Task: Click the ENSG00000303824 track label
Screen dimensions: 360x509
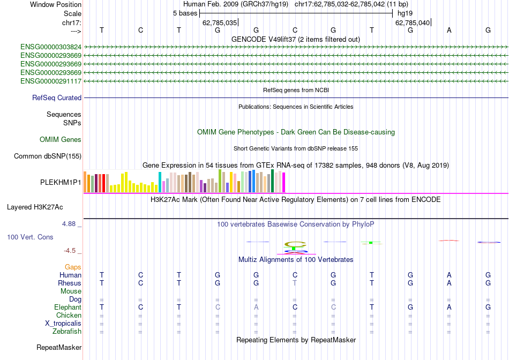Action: tap(51, 47)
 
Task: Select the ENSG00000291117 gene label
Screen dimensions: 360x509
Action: tap(51, 81)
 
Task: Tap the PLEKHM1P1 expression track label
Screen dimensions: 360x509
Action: tap(61, 183)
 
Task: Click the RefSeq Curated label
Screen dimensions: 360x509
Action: tap(57, 98)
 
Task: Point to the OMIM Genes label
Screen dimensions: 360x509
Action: tap(61, 140)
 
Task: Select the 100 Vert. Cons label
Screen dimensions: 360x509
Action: tap(30, 237)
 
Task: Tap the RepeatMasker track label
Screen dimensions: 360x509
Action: tap(59, 348)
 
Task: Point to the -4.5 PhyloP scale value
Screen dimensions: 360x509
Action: tap(70, 250)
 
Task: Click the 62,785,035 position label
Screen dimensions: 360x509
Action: tap(220, 23)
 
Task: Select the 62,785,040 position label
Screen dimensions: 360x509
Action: tap(413, 23)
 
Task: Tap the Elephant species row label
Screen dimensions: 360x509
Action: tap(68, 307)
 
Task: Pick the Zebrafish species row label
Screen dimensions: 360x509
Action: tap(66, 332)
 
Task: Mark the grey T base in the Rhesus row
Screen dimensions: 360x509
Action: tap(295, 283)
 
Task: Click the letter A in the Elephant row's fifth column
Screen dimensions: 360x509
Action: tap(256, 307)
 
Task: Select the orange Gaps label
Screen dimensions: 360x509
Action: tap(73, 267)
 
